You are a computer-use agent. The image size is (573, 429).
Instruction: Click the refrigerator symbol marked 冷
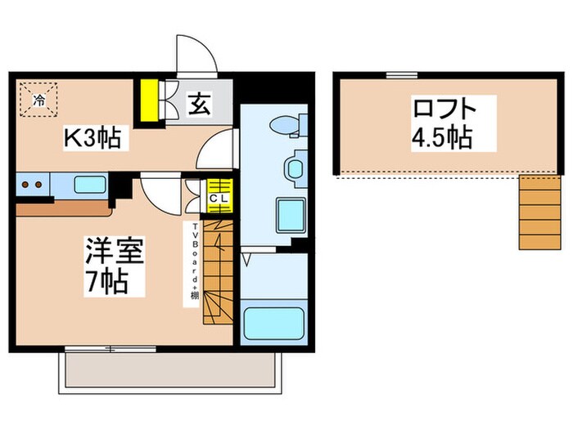(x=38, y=101)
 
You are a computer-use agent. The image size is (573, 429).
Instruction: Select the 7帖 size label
(x=108, y=283)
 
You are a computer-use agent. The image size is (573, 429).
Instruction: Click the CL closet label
(x=219, y=197)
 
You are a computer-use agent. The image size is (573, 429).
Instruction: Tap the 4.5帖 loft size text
(x=442, y=137)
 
